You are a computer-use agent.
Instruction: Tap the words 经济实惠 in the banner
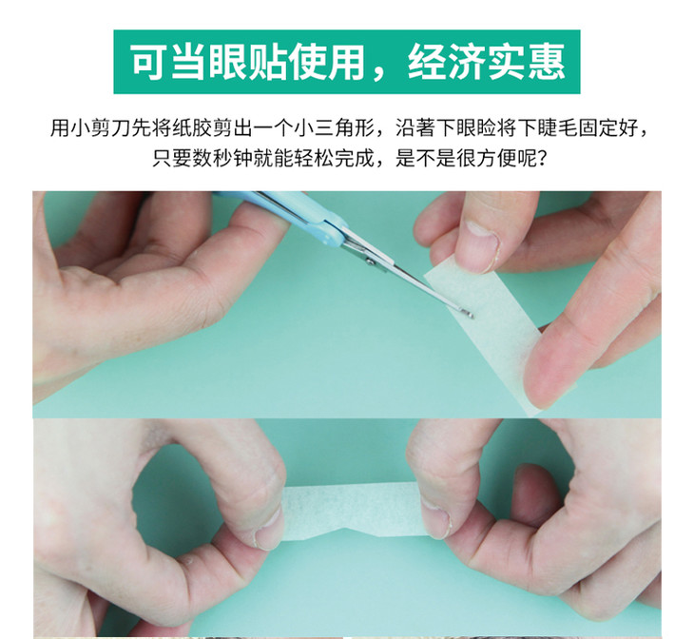coord(487,62)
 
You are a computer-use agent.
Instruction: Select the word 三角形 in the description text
coord(344,128)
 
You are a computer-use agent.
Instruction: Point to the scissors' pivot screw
coord(370,261)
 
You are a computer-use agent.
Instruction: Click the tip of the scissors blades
coord(472,316)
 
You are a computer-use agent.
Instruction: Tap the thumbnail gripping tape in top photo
coord(483,242)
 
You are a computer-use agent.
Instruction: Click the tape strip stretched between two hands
coord(354,511)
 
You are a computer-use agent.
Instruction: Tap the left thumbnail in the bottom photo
coord(268,532)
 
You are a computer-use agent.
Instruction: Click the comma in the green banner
coord(380,74)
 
